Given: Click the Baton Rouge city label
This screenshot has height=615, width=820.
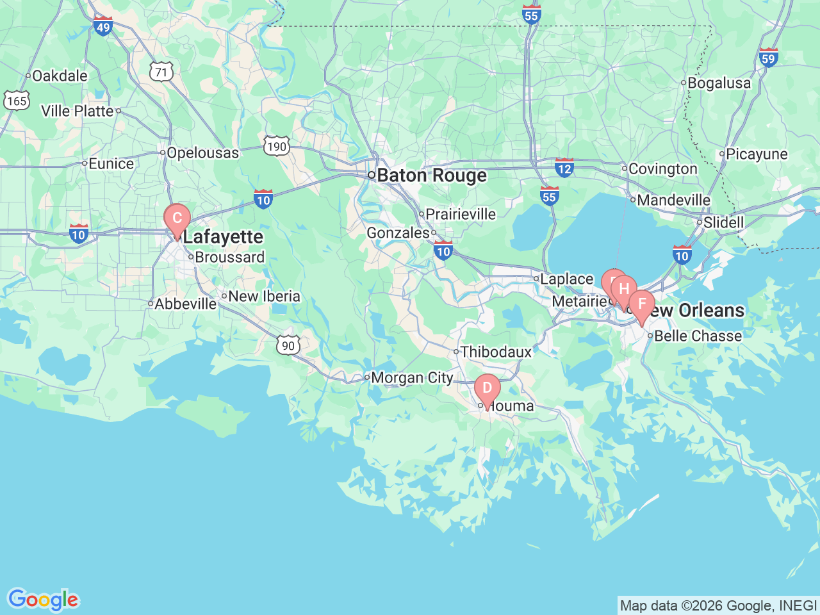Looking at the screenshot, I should coord(431,176).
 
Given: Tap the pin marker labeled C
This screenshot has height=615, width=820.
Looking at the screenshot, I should coord(177,218).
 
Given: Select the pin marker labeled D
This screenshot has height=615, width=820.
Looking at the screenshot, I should coord(487,388).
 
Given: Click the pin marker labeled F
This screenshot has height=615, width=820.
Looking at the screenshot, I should coord(641,304).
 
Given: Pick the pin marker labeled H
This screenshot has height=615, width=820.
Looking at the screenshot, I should coord(624,289).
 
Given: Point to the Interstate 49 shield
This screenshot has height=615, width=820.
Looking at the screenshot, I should coord(102,26).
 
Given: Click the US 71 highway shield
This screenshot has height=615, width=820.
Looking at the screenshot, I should coord(161,72).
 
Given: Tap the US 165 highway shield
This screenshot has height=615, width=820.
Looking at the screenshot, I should coord(16,101).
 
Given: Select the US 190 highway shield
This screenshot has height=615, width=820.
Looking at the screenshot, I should coord(277,146).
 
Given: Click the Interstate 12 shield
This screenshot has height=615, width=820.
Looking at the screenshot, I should coord(564,168).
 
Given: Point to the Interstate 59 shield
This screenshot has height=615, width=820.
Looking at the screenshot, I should coord(768,58).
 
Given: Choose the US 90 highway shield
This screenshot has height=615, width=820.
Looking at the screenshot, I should coord(288,345).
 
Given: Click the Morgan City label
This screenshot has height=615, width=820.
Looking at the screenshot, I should coord(412,378).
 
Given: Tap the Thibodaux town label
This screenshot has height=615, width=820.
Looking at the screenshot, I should coord(496,352).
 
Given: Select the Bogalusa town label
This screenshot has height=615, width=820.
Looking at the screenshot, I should coord(719,83).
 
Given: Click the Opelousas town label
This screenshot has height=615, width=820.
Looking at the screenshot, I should coord(202,153).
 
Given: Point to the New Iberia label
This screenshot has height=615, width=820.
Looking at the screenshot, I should coord(264,296).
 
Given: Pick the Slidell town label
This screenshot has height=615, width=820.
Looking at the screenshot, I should coord(723,222).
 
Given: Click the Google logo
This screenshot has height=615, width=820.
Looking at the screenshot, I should coord(43,600).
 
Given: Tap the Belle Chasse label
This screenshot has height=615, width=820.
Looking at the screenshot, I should coord(698,336).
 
